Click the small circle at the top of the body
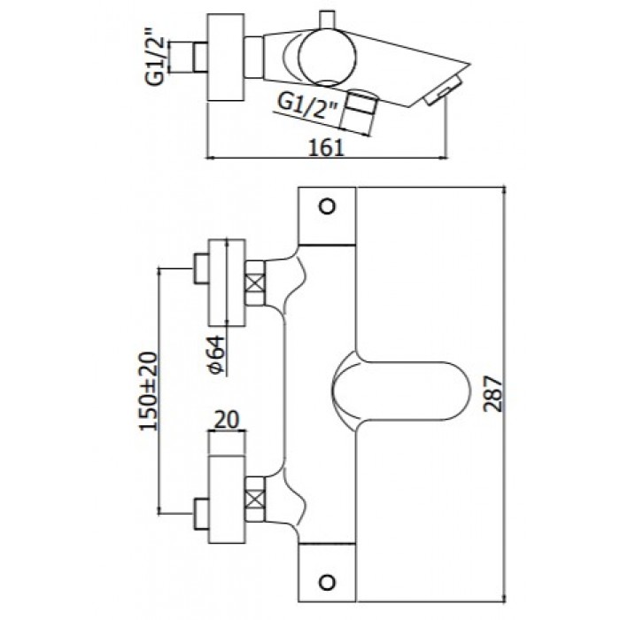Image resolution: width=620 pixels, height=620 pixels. (x=327, y=207)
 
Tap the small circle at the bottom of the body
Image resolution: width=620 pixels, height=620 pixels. (x=327, y=582)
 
